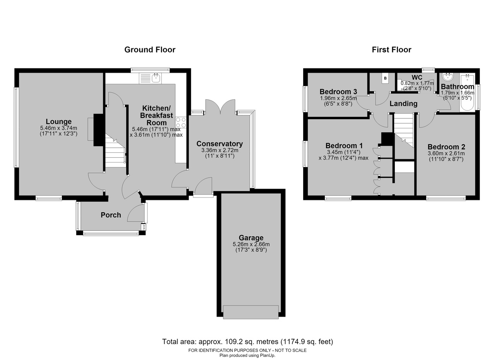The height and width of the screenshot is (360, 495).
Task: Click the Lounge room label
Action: click(x=58, y=121)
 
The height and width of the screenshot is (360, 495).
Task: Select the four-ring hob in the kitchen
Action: click(x=181, y=123)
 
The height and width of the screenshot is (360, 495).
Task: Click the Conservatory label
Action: click(x=219, y=144)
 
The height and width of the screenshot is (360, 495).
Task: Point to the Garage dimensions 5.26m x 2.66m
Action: click(x=251, y=244)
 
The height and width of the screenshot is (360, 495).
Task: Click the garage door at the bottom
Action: click(x=251, y=312)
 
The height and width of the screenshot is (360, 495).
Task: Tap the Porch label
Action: click(x=111, y=215)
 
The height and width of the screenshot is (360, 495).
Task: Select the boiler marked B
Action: click(x=386, y=78)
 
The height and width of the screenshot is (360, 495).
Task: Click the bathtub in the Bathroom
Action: click(x=467, y=93)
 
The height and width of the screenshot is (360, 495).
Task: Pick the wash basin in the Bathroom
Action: click(x=448, y=77)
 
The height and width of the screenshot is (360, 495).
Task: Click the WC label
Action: click(x=417, y=78)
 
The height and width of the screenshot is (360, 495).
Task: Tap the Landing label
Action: click(x=403, y=104)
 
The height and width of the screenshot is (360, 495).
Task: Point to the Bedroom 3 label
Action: click(x=338, y=92)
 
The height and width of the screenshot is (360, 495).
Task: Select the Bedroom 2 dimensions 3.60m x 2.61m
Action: click(x=446, y=154)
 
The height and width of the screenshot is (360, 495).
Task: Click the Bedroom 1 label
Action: click(x=344, y=146)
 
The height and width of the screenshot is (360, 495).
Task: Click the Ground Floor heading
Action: click(x=150, y=50)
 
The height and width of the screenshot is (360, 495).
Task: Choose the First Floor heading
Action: click(x=391, y=50)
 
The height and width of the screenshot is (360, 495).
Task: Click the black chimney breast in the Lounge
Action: click(x=99, y=130)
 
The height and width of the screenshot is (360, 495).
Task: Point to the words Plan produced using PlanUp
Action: click(x=247, y=356)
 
